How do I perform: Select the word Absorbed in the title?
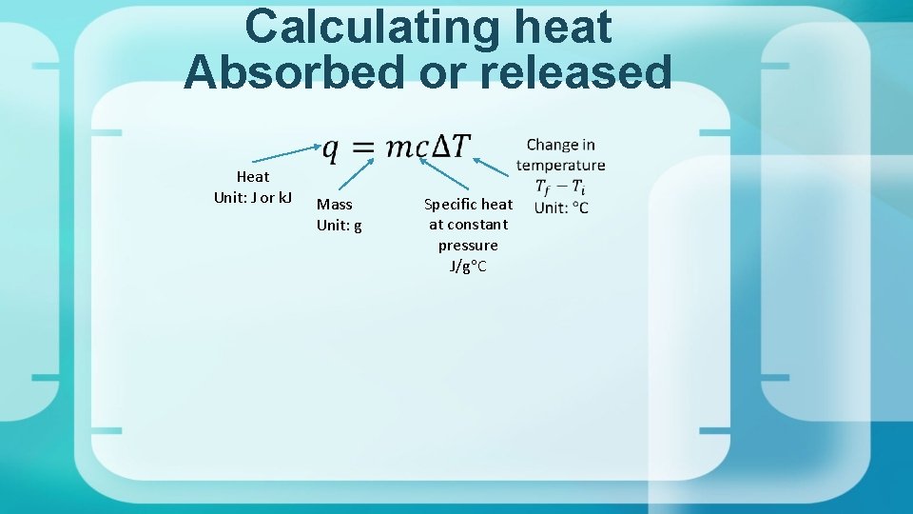pyautogui.click(x=294, y=71)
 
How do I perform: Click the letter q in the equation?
pyautogui.click(x=331, y=148)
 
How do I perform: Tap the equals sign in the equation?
pyautogui.click(x=362, y=148)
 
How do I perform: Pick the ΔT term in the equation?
pyautogui.click(x=451, y=147)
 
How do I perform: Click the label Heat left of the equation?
pyautogui.click(x=253, y=176)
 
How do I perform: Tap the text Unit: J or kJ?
pyautogui.click(x=253, y=197)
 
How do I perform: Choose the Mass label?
pyautogui.click(x=335, y=204)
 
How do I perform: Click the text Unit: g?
pyautogui.click(x=340, y=225)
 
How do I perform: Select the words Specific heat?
pyautogui.click(x=468, y=204)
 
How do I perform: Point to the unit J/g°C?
pyautogui.click(x=468, y=266)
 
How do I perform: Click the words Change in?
pyautogui.click(x=561, y=145)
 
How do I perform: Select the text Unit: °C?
pyautogui.click(x=561, y=208)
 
